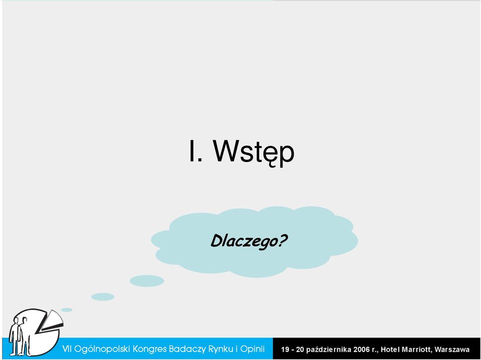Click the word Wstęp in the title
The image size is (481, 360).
254,152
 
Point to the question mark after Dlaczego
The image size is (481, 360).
282,240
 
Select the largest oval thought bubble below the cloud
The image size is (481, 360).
147,281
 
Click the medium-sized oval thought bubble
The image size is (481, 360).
103,297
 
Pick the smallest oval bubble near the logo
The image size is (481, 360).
67,310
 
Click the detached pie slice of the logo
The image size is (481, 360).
53,321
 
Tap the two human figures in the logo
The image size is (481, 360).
20,336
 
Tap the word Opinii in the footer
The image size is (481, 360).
252,349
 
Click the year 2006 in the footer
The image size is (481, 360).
362,349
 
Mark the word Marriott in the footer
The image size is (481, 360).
416,349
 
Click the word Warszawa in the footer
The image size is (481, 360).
452,349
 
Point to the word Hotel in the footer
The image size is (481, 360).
390,349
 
